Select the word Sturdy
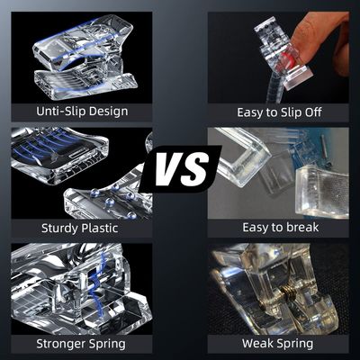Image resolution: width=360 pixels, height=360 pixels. (59, 229)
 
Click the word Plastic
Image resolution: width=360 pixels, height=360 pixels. (100, 228)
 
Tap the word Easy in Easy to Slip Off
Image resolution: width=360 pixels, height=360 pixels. (248, 112)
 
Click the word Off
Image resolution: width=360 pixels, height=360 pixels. (313, 112)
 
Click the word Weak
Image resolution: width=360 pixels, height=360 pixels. (256, 343)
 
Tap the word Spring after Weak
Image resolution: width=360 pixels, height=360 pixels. (293, 344)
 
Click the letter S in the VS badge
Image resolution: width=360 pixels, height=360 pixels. (195, 169)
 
